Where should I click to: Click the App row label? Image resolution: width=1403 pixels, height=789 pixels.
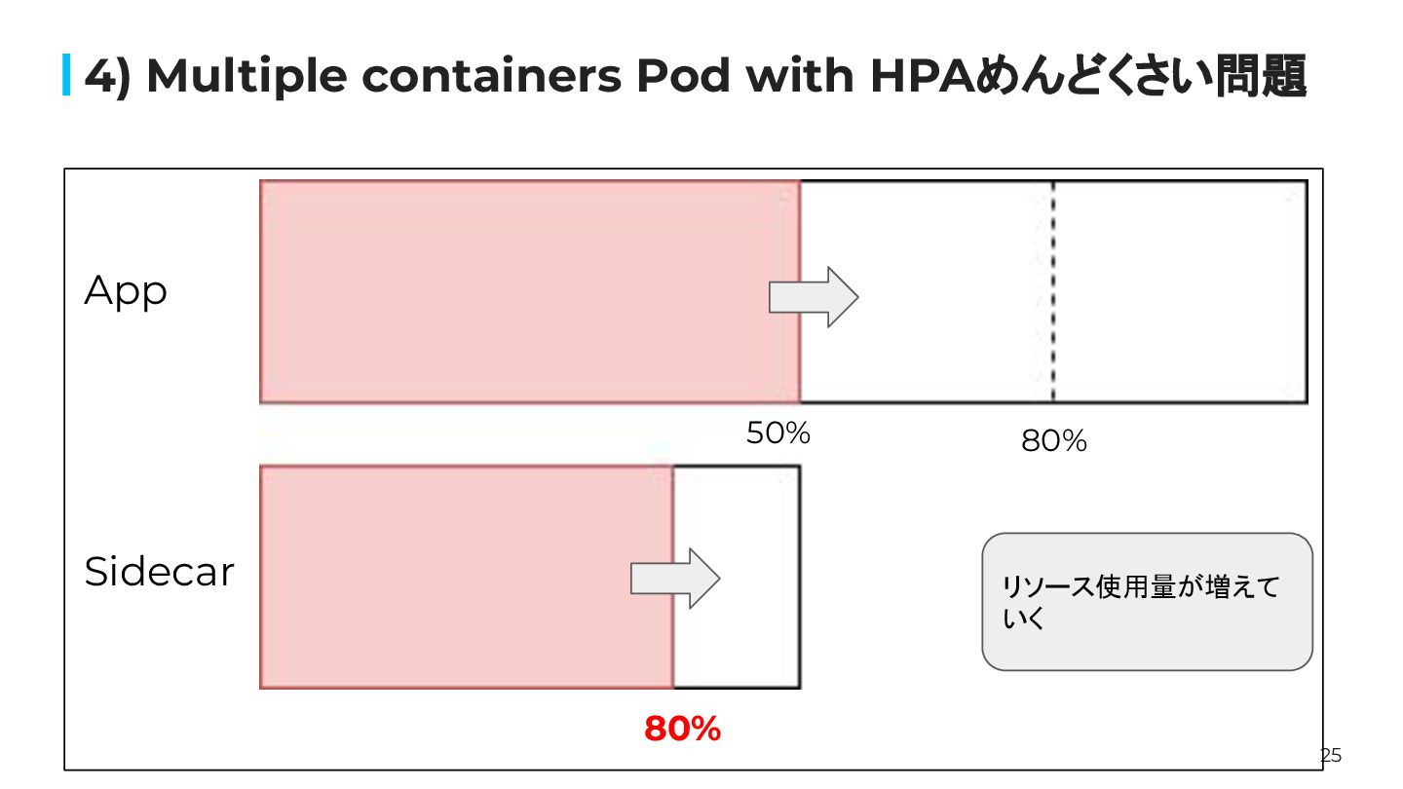tap(126, 291)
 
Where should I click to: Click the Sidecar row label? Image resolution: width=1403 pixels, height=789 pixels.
tap(160, 572)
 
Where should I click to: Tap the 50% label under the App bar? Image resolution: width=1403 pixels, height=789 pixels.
tap(777, 433)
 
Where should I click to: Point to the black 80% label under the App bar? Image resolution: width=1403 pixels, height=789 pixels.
tap(1053, 441)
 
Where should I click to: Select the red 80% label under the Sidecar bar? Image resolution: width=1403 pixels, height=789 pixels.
tap(682, 728)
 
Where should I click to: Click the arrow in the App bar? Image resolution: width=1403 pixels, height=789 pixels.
tap(814, 296)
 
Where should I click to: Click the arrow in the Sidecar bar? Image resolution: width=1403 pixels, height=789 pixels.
tap(674, 579)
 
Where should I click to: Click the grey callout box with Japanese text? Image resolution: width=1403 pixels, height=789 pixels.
tap(1147, 601)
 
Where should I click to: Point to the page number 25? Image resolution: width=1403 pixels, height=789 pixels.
tap(1331, 755)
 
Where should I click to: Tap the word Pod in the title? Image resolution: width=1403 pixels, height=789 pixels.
tap(682, 76)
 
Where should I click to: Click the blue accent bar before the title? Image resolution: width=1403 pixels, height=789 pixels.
tap(67, 76)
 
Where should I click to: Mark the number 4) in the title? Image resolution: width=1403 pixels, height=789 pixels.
tap(108, 76)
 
